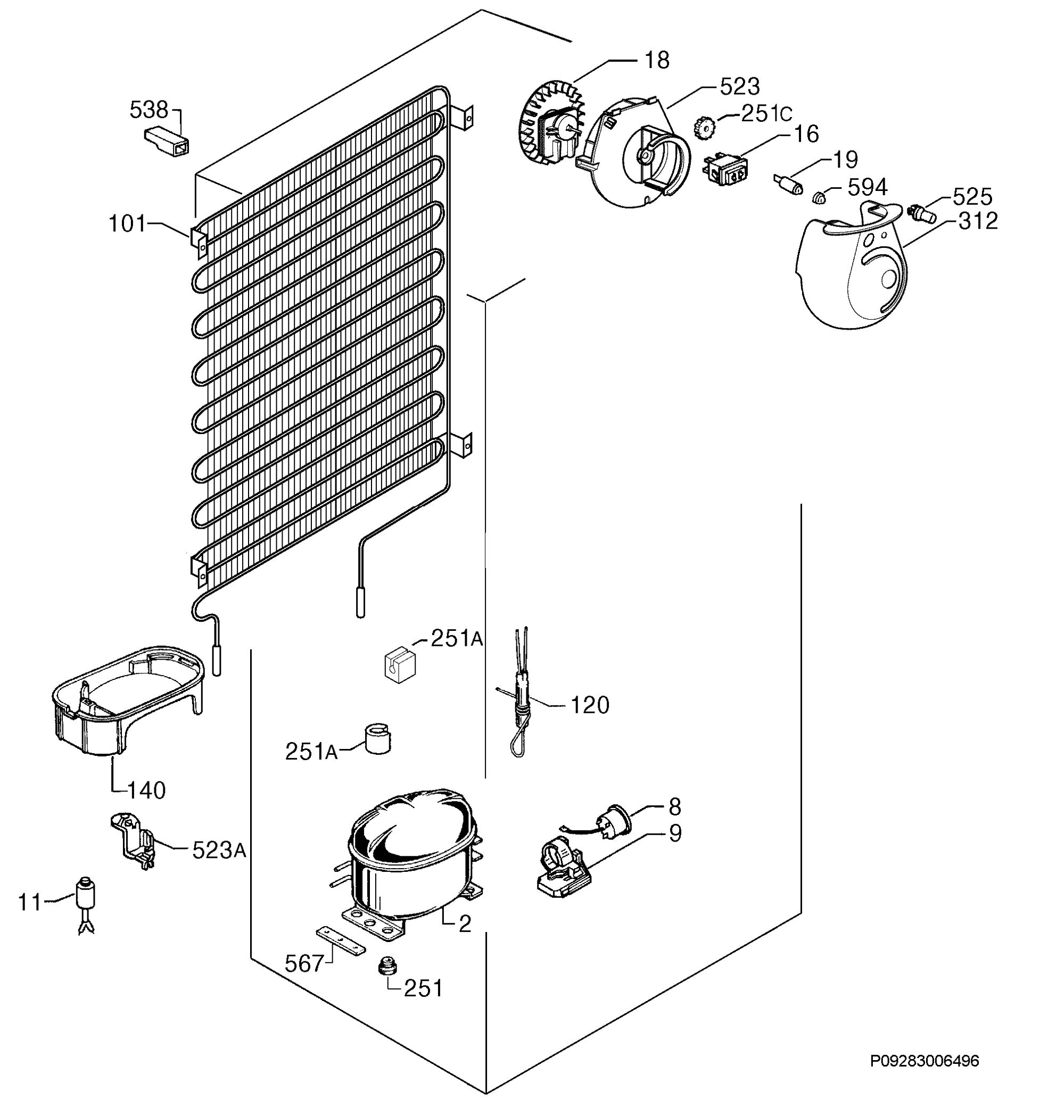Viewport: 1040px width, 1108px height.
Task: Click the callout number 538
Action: (x=148, y=110)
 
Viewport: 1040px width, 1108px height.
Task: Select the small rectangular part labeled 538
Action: (x=166, y=140)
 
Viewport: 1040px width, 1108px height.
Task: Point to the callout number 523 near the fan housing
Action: (x=740, y=86)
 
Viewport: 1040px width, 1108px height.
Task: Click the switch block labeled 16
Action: (x=725, y=170)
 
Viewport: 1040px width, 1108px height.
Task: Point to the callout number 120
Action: (x=589, y=705)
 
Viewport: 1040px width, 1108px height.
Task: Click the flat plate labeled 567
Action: (x=341, y=942)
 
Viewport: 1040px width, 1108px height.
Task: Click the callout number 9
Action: (x=675, y=833)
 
